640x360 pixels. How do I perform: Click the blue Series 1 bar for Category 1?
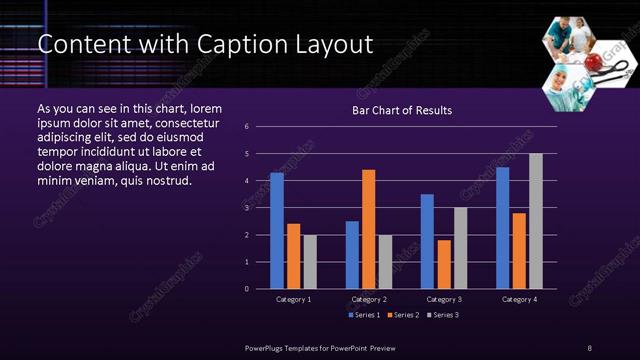point(277,231)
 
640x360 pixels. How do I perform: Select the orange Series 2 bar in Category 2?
point(369,229)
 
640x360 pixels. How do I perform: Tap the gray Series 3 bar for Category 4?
point(536,221)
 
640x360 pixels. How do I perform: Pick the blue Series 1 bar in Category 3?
point(427,241)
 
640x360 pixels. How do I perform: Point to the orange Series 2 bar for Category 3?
point(444,264)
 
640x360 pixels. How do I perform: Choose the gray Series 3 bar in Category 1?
point(310,262)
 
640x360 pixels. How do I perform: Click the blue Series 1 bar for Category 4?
point(502,228)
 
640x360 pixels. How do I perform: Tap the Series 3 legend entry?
point(444,315)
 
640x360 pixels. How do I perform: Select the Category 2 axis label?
point(369,299)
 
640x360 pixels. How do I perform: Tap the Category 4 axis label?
point(519,299)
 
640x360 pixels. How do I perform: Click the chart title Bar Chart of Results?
point(402,110)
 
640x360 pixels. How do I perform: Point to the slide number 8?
point(589,347)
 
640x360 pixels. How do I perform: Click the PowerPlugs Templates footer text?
point(320,347)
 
